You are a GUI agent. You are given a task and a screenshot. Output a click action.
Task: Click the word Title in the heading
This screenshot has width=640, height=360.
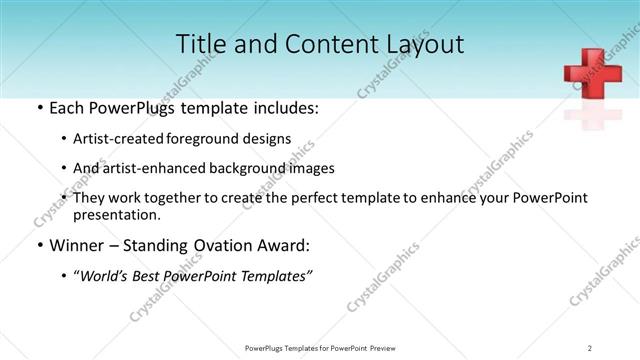[200, 44]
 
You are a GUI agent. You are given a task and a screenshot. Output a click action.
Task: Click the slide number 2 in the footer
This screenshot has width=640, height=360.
[590, 347]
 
